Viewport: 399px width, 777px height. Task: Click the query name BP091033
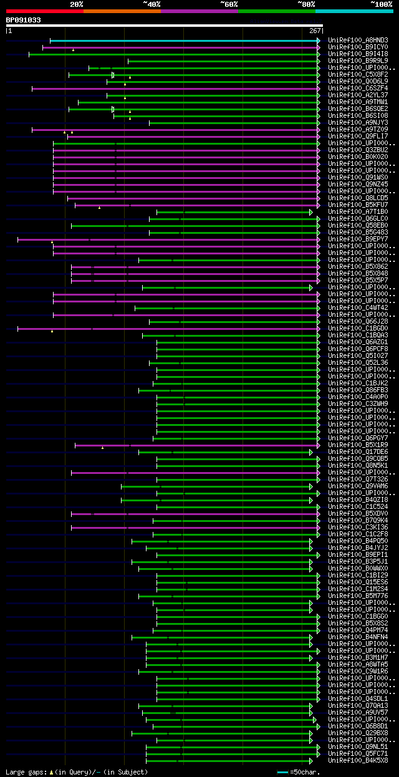coord(24,20)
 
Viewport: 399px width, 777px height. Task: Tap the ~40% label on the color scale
coord(151,4)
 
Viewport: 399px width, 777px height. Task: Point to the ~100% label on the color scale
coord(381,4)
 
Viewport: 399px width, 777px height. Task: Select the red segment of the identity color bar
coord(44,11)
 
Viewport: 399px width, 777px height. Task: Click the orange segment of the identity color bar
coord(122,11)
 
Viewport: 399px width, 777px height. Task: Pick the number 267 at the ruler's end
coord(315,31)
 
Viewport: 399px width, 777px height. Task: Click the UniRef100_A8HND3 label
coord(358,40)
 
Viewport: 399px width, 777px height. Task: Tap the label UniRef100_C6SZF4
coord(358,88)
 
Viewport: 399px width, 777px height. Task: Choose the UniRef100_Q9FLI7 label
coord(358,136)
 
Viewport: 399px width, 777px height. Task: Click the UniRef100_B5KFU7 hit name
coord(358,205)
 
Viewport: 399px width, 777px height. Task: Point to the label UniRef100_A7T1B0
coord(358,211)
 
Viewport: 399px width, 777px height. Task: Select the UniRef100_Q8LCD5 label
coord(358,198)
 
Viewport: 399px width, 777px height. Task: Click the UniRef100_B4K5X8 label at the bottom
coord(358,760)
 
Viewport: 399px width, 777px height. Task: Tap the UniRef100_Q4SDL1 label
coord(358,698)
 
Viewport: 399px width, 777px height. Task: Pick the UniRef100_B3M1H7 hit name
coord(358,657)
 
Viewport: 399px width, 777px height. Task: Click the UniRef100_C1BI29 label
coord(358,575)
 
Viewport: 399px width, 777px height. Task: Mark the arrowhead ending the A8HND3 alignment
coord(318,41)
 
